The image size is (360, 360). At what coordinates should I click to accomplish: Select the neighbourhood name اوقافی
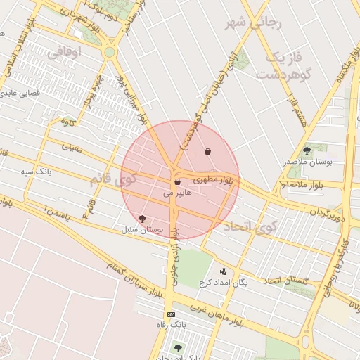pos(64,51)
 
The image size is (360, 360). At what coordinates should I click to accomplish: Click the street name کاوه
pos(67,122)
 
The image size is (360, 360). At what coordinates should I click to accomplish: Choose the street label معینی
pos(72,148)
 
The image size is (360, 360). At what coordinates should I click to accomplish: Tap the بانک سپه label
pos(33,172)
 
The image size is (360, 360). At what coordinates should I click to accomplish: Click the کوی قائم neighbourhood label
pos(109,179)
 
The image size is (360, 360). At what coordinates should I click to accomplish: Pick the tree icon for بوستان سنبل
pos(143,219)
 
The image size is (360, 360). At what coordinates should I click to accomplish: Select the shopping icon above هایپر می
pos(177,182)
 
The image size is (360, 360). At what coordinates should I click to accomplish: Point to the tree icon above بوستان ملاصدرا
pos(306,150)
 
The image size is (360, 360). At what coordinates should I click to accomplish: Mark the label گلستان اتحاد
pos(286,281)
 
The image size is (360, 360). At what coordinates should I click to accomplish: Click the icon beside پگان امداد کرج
pos(224,271)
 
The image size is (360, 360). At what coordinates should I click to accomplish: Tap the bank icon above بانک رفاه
pos(170,314)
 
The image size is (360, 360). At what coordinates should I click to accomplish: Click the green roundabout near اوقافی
pos(109,51)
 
